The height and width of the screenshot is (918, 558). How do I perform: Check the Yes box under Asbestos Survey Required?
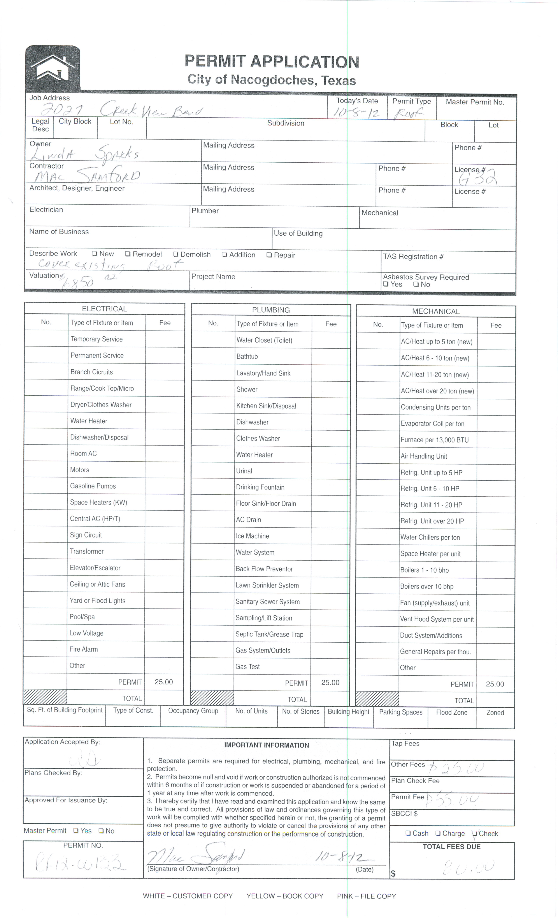pos(386,285)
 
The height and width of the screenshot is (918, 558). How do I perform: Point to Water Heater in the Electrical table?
pos(89,421)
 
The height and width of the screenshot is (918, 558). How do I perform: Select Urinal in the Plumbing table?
pos(244,471)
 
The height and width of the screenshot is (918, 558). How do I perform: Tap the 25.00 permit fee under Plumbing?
pos(330,683)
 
